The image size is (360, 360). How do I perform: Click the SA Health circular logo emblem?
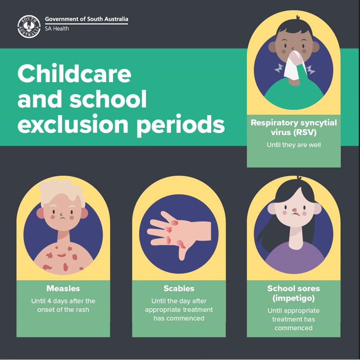29,26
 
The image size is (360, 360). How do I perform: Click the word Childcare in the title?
74,74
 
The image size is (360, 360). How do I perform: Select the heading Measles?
63,288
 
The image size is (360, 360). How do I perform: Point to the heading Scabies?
179,288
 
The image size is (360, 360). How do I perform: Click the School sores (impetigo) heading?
293,293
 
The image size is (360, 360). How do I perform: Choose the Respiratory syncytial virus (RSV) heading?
293,127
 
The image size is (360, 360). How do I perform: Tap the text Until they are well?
293,145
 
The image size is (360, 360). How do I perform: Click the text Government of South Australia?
86,19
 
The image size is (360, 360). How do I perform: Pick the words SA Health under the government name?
57,29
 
